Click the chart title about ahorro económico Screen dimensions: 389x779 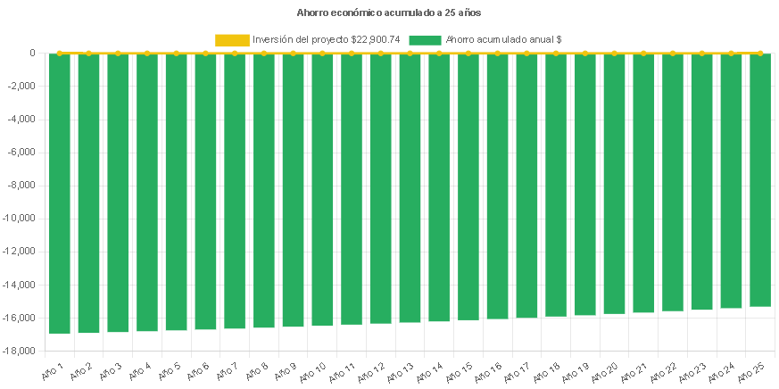pos(389,12)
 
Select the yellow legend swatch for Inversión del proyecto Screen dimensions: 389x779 pos(232,39)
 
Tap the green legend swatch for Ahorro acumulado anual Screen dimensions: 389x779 pos(425,39)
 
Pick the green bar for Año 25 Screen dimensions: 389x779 pos(760,179)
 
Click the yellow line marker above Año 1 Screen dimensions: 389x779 pos(59,54)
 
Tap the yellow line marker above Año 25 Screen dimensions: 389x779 pos(760,54)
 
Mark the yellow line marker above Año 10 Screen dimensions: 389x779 pos(322,54)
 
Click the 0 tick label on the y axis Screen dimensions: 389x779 pos(32,54)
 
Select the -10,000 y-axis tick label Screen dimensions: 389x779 pos(21,219)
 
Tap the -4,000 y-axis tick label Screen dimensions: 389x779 pos(24,120)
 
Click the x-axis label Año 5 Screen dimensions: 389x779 pos(170,369)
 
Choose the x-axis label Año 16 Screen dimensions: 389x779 pos(491,369)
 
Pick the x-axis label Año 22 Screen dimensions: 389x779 pos(666,369)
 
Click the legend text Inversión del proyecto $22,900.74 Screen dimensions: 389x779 pos(327,39)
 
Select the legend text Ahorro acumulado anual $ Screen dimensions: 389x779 pos(503,39)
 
